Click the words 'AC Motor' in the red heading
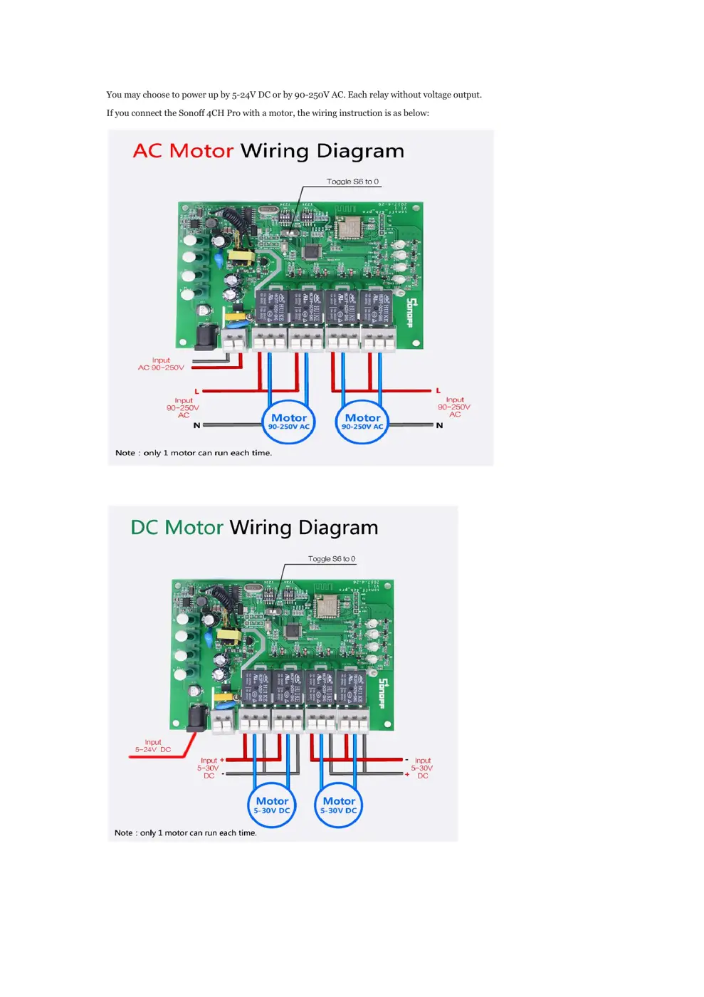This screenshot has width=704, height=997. [183, 151]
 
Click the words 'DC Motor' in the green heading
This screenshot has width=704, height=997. [177, 528]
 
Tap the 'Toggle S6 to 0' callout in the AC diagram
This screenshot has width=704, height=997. [352, 182]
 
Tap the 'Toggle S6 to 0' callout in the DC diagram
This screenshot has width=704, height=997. [332, 559]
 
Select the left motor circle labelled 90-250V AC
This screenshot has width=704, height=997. [289, 422]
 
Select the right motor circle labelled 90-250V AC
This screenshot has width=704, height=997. [362, 422]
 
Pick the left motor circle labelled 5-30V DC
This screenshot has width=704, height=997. [272, 805]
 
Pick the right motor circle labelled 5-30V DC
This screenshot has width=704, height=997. [339, 805]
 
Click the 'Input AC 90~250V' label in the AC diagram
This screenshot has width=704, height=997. [161, 364]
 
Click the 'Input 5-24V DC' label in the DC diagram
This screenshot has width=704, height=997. [153, 746]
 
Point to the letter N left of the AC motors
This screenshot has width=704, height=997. [197, 425]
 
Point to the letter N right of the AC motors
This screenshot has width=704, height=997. [439, 425]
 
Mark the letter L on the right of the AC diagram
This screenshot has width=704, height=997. [438, 390]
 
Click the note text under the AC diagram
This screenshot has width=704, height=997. [194, 453]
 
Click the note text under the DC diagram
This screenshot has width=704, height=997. [186, 832]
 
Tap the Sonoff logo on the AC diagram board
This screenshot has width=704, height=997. [411, 312]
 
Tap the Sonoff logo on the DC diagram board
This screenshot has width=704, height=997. [382, 693]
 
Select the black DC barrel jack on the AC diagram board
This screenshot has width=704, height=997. [206, 337]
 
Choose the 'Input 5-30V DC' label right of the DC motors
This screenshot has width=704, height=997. [422, 768]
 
